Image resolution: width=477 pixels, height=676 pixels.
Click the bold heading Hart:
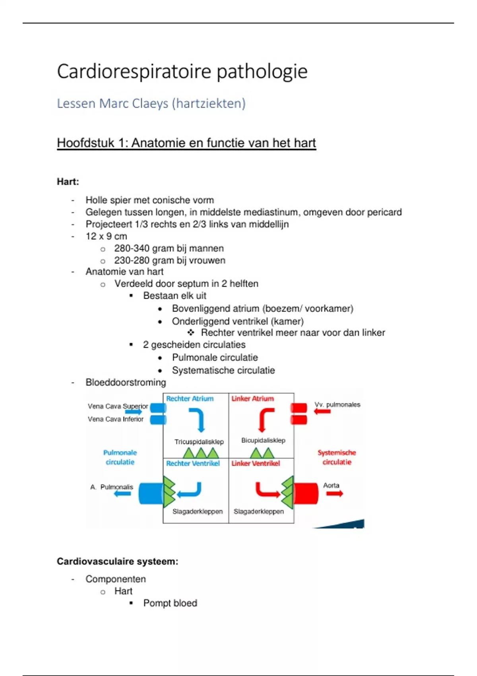coord(68,182)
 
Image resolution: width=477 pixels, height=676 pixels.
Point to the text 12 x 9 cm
coord(106,236)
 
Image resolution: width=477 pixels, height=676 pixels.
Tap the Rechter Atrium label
coord(190,398)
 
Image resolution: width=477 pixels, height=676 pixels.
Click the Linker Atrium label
coord(252,398)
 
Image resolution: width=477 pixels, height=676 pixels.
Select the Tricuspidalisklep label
coord(199,442)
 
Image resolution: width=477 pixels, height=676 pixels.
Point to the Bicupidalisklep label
coord(263,440)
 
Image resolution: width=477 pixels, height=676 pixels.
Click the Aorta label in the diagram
coord(331,485)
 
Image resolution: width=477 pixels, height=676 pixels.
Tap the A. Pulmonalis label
coord(112,487)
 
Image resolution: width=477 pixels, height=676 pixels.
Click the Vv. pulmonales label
coord(337,404)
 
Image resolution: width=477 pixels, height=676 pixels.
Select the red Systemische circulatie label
coord(337,457)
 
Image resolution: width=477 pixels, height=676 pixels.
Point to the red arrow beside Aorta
coord(335,494)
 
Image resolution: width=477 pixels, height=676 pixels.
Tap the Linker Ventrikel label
coord(256,463)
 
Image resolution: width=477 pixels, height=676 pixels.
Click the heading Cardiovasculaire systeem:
coord(117,561)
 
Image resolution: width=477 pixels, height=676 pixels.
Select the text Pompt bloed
coord(170,603)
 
